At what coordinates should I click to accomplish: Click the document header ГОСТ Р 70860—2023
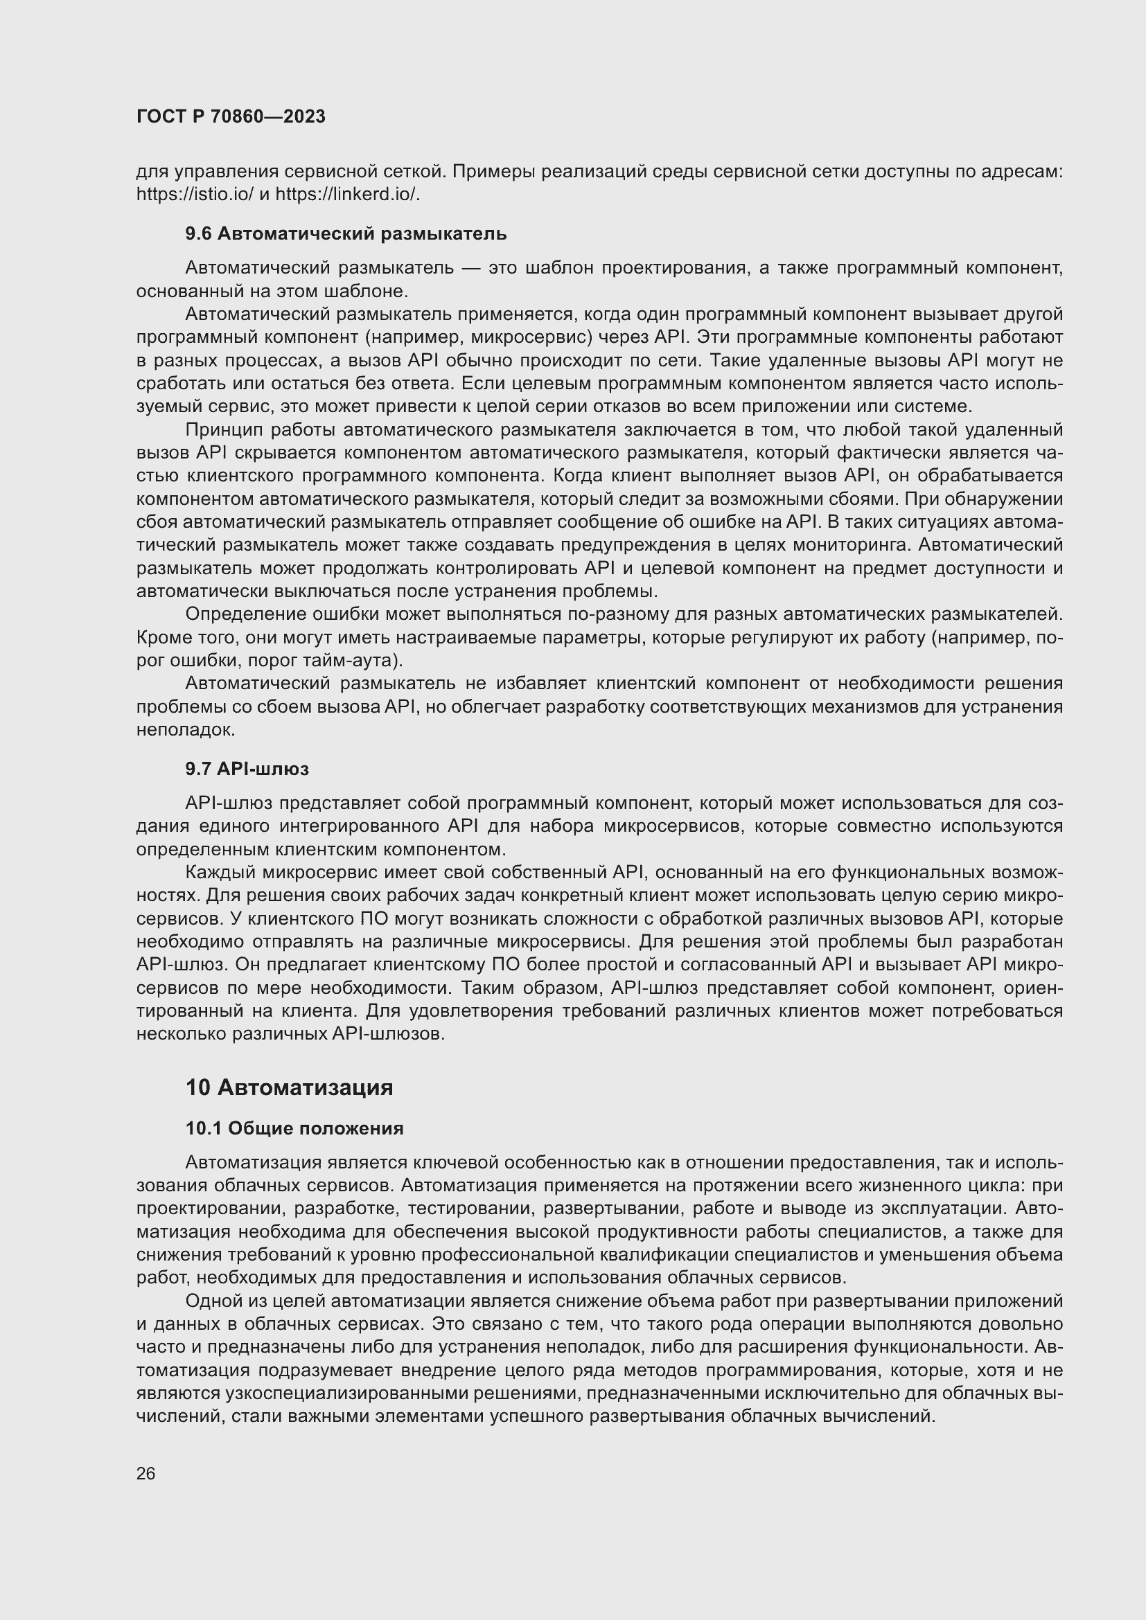pyautogui.click(x=231, y=116)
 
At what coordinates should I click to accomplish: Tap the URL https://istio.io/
pyautogui.click(x=194, y=195)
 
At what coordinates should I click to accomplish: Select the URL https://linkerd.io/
pyautogui.click(x=346, y=195)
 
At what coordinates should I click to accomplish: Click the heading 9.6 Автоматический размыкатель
pyautogui.click(x=346, y=233)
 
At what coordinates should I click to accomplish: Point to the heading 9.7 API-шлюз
pyautogui.click(x=247, y=769)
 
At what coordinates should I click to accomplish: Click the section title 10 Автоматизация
pyautogui.click(x=290, y=1087)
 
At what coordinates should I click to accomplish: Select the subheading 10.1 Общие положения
pyautogui.click(x=294, y=1128)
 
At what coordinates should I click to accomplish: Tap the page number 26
pyautogui.click(x=146, y=1474)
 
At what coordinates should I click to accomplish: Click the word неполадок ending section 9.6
pyautogui.click(x=184, y=730)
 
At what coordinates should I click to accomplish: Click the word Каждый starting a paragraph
pyautogui.click(x=219, y=873)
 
